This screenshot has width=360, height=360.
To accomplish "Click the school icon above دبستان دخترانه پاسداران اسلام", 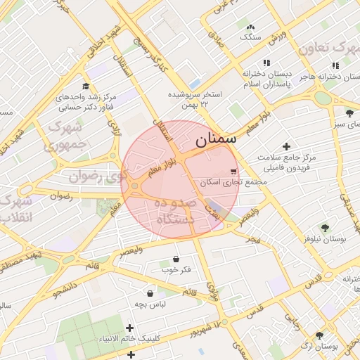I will (266, 63).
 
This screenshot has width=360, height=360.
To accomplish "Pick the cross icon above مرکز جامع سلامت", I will (286, 146).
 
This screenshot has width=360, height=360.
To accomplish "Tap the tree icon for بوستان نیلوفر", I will (324, 227).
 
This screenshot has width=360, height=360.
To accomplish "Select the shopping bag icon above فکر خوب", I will (175, 259).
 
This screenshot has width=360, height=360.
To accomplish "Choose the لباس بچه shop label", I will (150, 304).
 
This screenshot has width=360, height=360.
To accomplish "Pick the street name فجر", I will (252, 240).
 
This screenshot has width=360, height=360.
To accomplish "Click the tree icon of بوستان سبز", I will (349, 113).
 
